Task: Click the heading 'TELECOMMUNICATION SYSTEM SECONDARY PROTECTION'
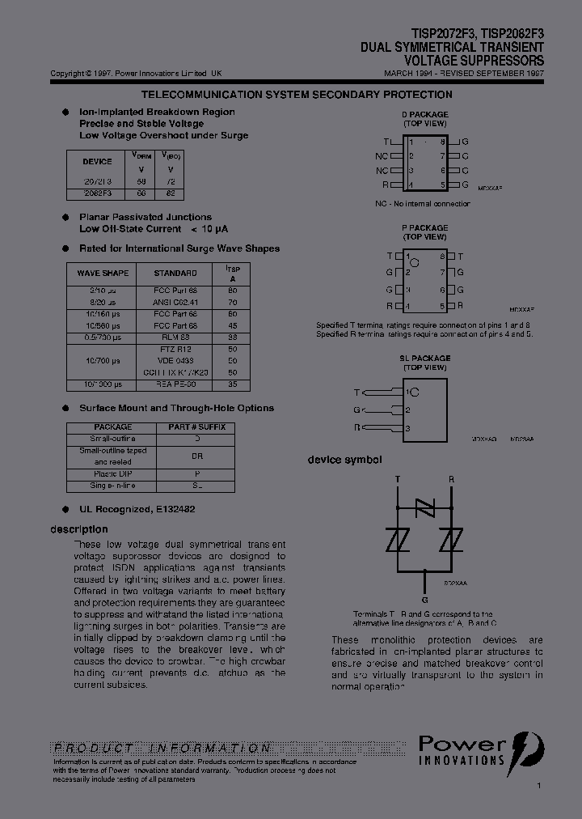pyautogui.click(x=290, y=95)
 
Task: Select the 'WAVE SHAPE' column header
pyautogui.click(x=103, y=273)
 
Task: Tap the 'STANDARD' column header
pyautogui.click(x=175, y=273)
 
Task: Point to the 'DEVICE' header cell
pyautogui.click(x=97, y=161)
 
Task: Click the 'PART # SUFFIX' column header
pyautogui.click(x=196, y=426)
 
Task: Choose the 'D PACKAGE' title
pyautogui.click(x=424, y=115)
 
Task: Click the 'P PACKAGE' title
pyautogui.click(x=424, y=228)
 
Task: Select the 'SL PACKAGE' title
pyautogui.click(x=424, y=358)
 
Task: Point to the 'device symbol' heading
pyautogui.click(x=344, y=460)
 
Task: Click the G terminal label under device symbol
pyautogui.click(x=425, y=600)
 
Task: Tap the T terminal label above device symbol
pyautogui.click(x=397, y=479)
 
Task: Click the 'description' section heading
pyautogui.click(x=79, y=529)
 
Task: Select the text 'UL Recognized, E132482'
pyautogui.click(x=137, y=510)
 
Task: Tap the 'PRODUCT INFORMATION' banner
pyautogui.click(x=162, y=748)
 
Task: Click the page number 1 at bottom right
pyautogui.click(x=539, y=785)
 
